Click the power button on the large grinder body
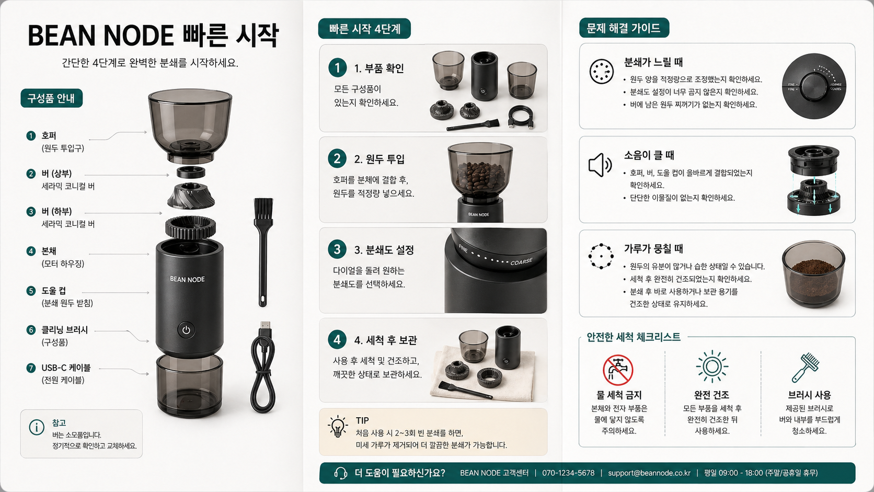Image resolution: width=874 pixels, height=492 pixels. tap(186, 330)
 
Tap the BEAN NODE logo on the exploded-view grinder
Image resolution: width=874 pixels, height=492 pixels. tap(187, 279)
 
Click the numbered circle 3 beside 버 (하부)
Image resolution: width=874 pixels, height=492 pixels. tap(31, 212)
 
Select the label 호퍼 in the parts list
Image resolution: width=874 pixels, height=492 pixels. tap(49, 135)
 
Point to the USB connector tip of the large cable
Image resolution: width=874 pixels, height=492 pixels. tap(265, 327)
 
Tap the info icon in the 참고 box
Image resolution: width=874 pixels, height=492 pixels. tap(37, 427)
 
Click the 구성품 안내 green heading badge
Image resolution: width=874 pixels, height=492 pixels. tap(51, 98)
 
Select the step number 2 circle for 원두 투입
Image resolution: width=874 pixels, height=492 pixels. tap(337, 158)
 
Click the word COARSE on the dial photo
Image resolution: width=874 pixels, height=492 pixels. tap(521, 261)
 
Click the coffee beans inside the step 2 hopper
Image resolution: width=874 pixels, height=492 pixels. tap(480, 175)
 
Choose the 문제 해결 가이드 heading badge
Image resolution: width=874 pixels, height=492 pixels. tap(624, 28)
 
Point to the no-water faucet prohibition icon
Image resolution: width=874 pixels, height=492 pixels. tap(618, 370)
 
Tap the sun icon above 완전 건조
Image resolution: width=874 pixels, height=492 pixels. tap(712, 367)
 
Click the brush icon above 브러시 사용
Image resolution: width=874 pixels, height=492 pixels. tap(806, 367)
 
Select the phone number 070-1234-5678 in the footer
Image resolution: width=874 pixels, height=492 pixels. tap(568, 473)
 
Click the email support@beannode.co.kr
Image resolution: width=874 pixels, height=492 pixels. tap(649, 473)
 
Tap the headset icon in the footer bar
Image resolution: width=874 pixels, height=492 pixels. tap(341, 473)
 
